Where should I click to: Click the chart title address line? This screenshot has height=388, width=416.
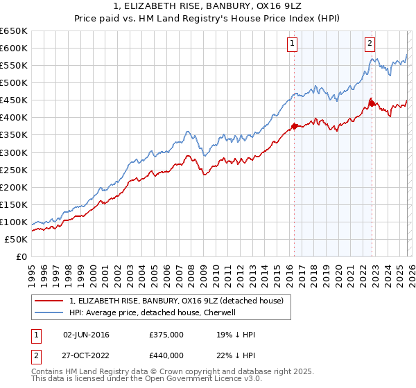point(207,6)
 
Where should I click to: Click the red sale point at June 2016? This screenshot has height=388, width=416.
point(294,126)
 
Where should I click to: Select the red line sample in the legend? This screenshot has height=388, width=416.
point(49,301)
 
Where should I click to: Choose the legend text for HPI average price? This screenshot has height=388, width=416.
point(152,312)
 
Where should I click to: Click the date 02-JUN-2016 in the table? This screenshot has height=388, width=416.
point(86,335)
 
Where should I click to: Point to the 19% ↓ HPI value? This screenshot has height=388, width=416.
point(236,335)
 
